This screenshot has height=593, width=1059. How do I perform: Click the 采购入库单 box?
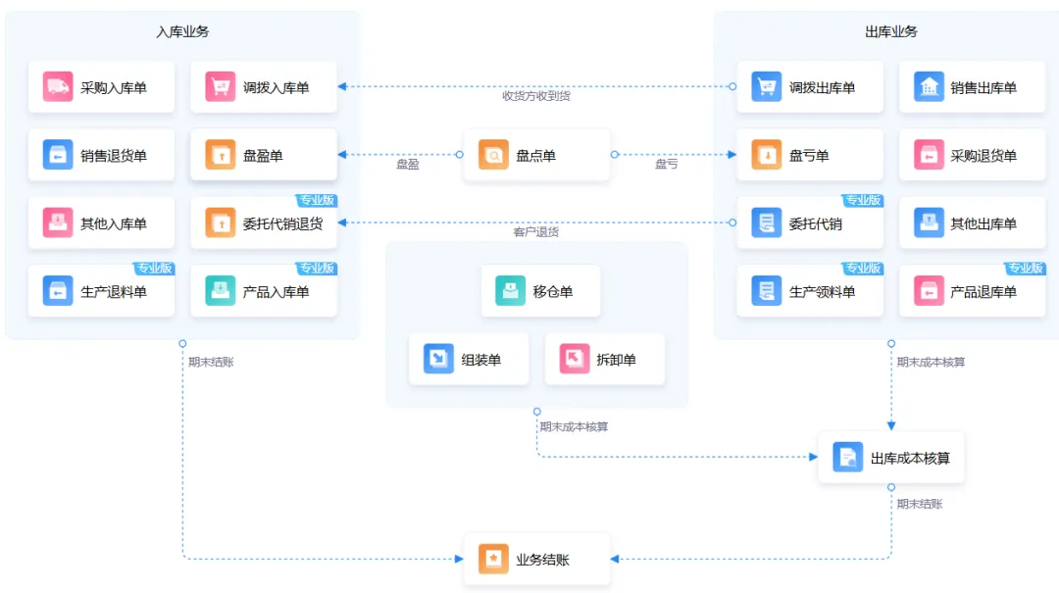101,87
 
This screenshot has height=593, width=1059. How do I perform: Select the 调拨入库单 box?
264,87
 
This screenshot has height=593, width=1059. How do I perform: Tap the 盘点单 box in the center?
537,155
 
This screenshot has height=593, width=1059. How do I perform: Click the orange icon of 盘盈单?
221,155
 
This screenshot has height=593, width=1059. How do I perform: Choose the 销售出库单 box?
972,87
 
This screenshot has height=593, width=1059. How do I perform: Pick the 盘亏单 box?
810,155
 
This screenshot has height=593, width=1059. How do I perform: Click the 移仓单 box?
540,291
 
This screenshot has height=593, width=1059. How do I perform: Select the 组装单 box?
469,360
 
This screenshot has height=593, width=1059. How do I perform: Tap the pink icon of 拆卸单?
574,360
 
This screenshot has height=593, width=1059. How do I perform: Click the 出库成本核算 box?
890,458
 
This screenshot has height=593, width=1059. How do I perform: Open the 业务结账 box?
537,560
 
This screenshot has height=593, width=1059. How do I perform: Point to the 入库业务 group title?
182,31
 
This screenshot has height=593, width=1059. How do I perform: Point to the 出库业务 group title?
890,31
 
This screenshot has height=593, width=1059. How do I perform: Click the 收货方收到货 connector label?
536,96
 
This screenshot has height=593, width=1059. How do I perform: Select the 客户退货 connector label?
536,231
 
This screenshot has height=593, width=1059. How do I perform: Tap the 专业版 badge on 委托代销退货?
316,201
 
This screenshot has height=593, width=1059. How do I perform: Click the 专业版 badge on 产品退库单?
1025,269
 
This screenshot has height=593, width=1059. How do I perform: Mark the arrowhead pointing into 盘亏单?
732,155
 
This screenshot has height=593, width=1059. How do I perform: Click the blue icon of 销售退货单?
58,155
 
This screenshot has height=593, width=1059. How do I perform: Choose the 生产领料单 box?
810,291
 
